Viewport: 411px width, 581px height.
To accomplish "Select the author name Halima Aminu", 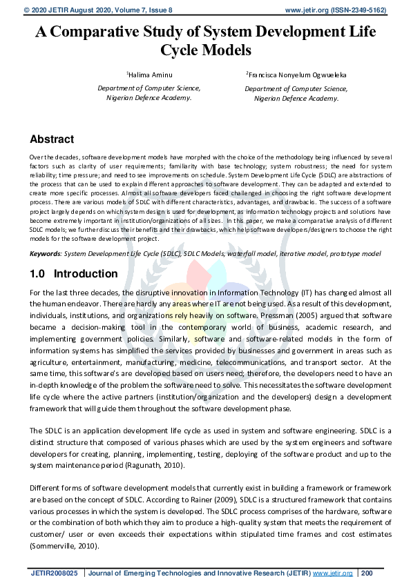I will (150, 74).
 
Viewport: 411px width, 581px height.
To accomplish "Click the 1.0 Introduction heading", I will (74, 274).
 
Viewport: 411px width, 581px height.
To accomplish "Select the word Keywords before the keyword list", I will (45, 254).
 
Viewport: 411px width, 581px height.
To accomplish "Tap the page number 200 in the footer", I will (366, 572).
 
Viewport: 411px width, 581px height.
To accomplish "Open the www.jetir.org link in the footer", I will (333, 572).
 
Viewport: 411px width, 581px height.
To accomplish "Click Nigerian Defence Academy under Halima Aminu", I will (149, 98).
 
